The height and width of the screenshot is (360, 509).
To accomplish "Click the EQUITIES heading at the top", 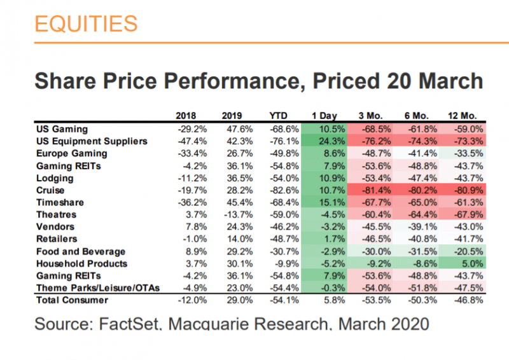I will coord(85,24).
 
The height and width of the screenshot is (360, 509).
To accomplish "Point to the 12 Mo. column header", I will coord(466,116).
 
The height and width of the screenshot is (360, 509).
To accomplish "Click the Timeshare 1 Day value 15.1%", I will coord(323,202).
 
